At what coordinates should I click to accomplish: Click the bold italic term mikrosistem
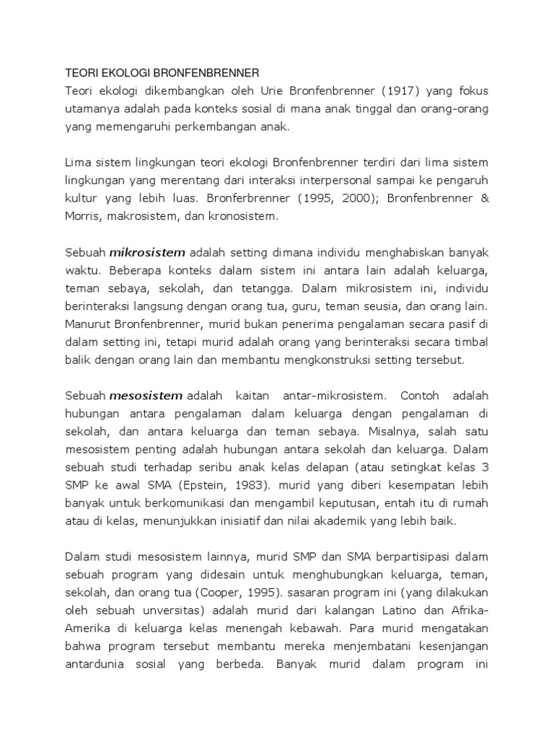(147, 252)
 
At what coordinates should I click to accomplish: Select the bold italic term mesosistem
(147, 396)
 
